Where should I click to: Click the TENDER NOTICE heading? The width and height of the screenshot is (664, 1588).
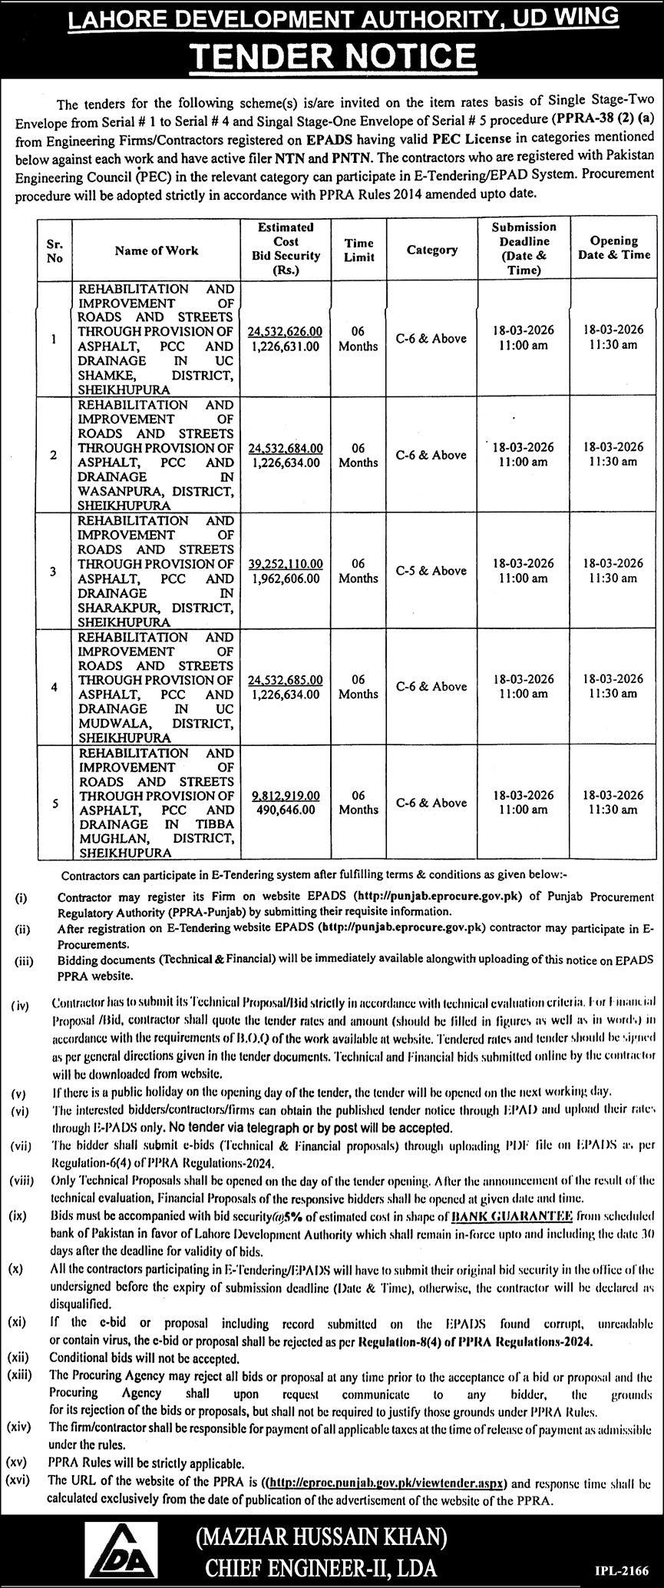click(x=332, y=56)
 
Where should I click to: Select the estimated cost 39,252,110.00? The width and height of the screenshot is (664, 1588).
click(x=286, y=563)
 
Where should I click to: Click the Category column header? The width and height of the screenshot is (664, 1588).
click(x=431, y=250)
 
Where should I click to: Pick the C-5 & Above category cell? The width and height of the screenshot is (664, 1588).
click(x=431, y=571)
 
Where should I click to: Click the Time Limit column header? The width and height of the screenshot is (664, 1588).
click(x=358, y=250)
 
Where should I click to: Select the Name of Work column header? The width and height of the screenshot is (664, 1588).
click(x=157, y=250)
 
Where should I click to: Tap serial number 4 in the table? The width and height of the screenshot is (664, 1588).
click(x=54, y=687)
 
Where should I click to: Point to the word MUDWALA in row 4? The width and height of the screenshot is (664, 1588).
click(x=108, y=724)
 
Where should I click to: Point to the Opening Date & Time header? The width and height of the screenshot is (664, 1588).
click(x=614, y=247)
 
